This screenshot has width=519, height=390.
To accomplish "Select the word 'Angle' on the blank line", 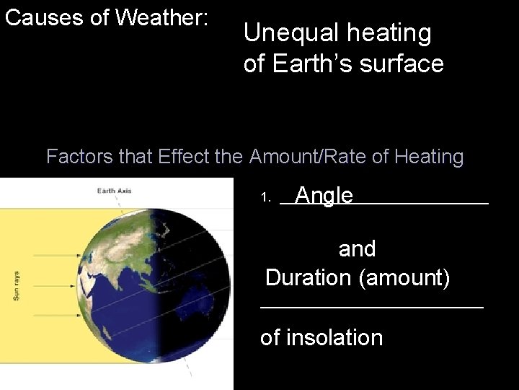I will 324,196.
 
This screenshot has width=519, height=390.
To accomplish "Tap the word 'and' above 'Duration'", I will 357,249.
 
